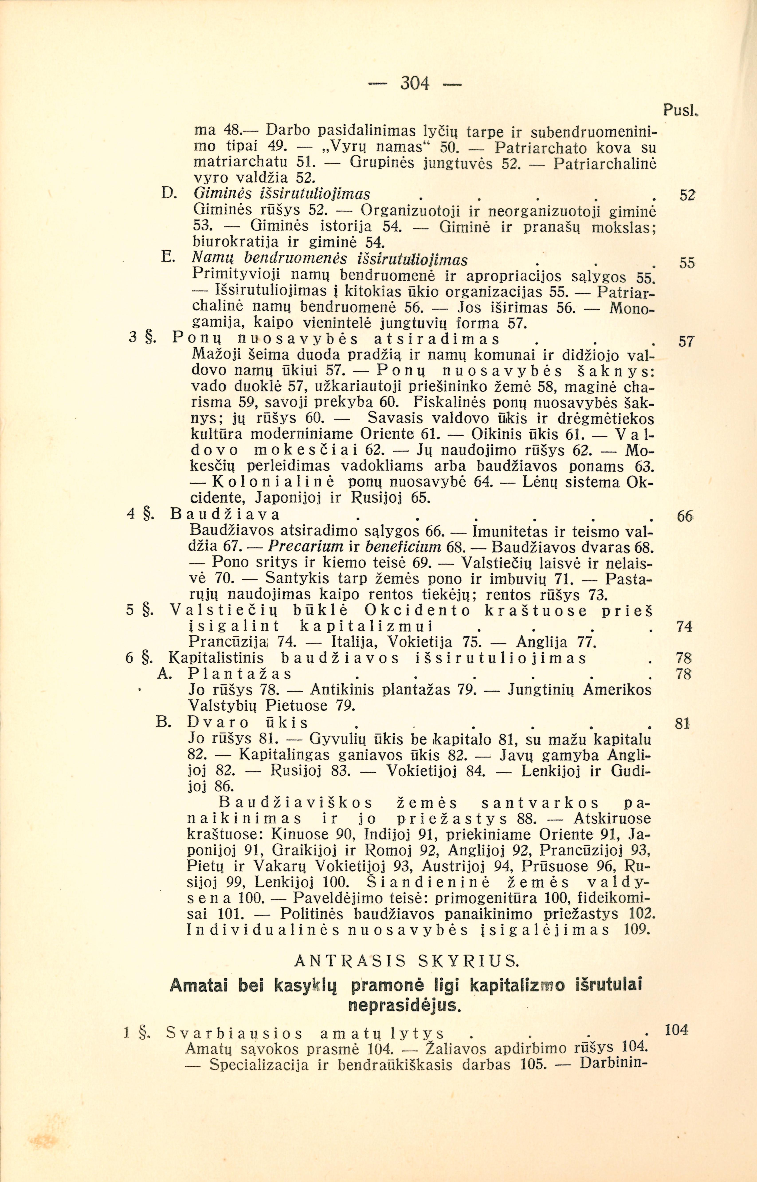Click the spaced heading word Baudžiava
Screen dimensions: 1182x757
[225, 515]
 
